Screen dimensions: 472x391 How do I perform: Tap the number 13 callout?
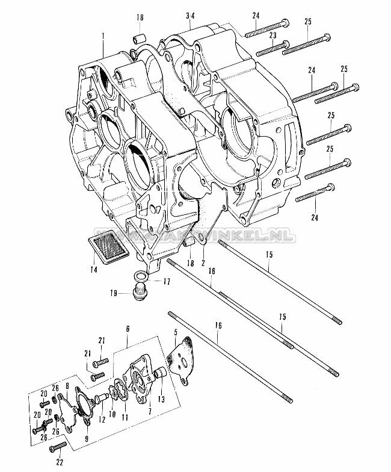161,400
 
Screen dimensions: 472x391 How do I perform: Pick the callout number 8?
67,387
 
